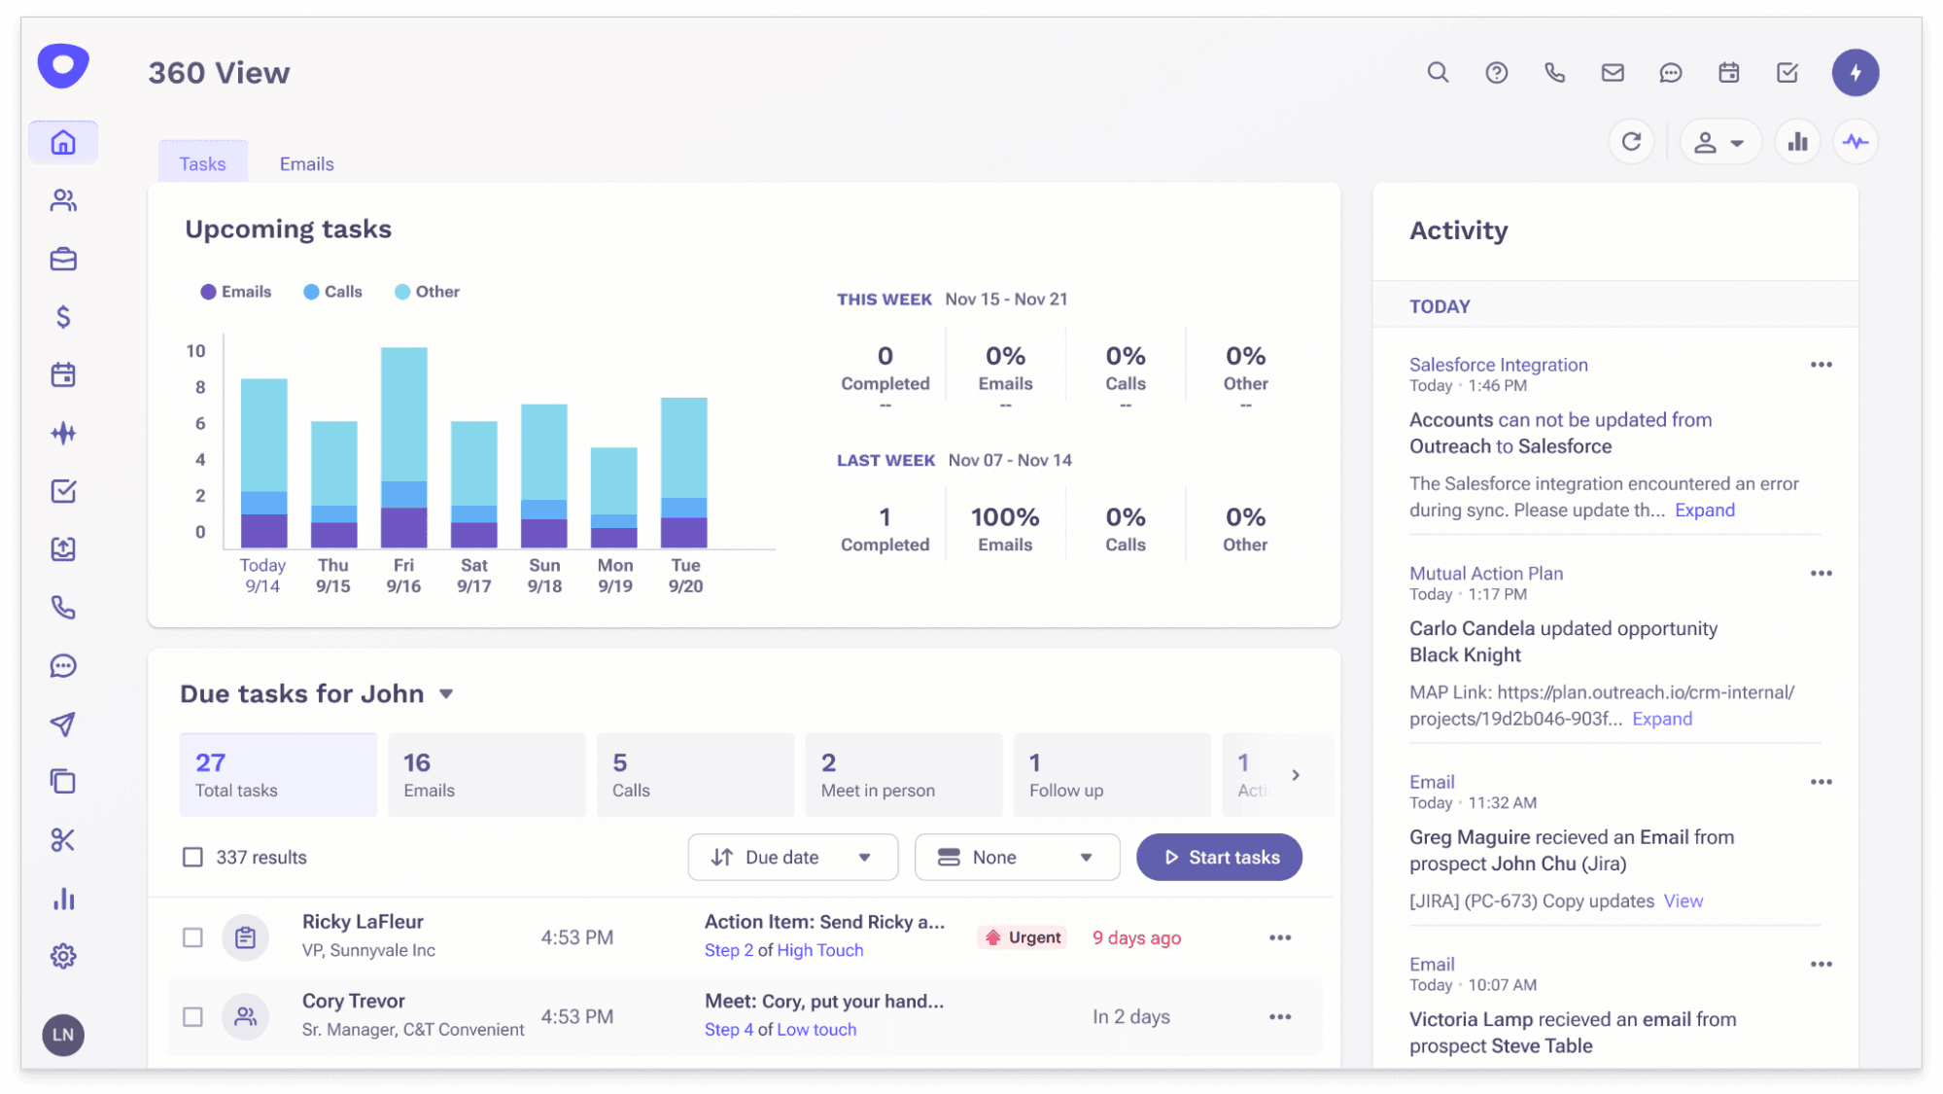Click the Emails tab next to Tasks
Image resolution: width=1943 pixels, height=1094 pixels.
pyautogui.click(x=306, y=163)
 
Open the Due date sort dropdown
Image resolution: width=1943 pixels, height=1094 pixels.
pyautogui.click(x=792, y=857)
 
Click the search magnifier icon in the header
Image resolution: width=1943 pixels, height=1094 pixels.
pyautogui.click(x=1438, y=72)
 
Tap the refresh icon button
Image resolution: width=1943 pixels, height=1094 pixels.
pyautogui.click(x=1631, y=142)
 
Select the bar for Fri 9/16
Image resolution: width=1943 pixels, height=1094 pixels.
pyautogui.click(x=403, y=447)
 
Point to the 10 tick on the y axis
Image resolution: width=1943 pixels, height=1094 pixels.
pyautogui.click(x=196, y=351)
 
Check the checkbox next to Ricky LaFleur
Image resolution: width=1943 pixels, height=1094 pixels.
pyautogui.click(x=192, y=937)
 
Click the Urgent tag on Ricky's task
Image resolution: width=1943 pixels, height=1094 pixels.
pyautogui.click(x=1023, y=937)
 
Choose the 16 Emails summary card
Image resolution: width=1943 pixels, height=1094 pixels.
pyautogui.click(x=486, y=774)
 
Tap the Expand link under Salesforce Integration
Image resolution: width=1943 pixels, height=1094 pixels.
pyautogui.click(x=1704, y=510)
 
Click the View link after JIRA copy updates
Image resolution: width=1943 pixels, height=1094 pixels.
pyautogui.click(x=1683, y=900)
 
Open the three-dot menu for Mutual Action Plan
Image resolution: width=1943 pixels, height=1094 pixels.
pyautogui.click(x=1821, y=574)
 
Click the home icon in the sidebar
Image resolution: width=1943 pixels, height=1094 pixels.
pyautogui.click(x=63, y=143)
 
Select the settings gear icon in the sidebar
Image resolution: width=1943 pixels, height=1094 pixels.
pyautogui.click(x=63, y=956)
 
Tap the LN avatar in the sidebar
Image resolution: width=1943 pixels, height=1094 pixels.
pyautogui.click(x=63, y=1035)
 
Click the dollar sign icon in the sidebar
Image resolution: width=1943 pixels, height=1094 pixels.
pyautogui.click(x=63, y=317)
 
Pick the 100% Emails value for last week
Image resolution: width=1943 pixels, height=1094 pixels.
pyautogui.click(x=1005, y=517)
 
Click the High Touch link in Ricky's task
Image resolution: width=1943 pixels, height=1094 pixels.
pyautogui.click(x=819, y=950)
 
